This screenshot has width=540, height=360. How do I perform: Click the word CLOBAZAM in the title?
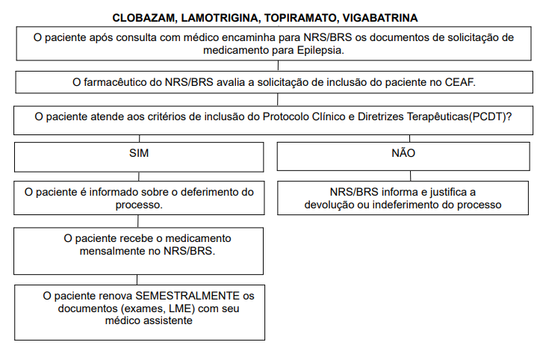point(144,16)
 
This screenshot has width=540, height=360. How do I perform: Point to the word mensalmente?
point(114,252)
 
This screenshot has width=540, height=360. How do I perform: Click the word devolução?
point(333,204)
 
